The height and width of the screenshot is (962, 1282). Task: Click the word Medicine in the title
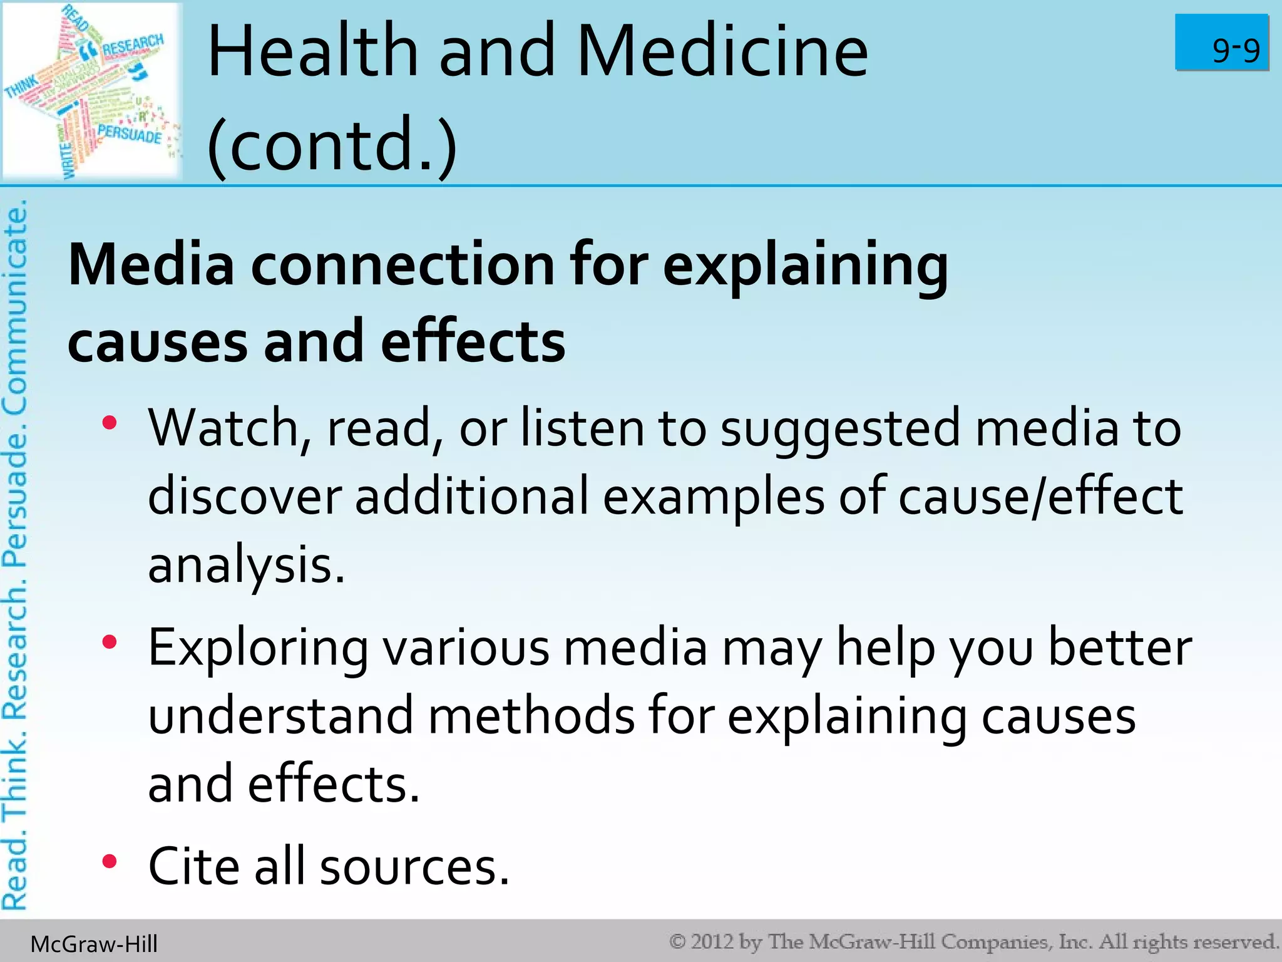(722, 51)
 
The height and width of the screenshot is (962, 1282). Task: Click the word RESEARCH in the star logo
(132, 45)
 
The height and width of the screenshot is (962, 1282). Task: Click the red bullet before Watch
(110, 423)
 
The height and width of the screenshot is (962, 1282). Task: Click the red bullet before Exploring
(110, 642)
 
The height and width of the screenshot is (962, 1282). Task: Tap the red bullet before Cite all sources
(110, 862)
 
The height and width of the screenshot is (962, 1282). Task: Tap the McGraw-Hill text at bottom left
(94, 944)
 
